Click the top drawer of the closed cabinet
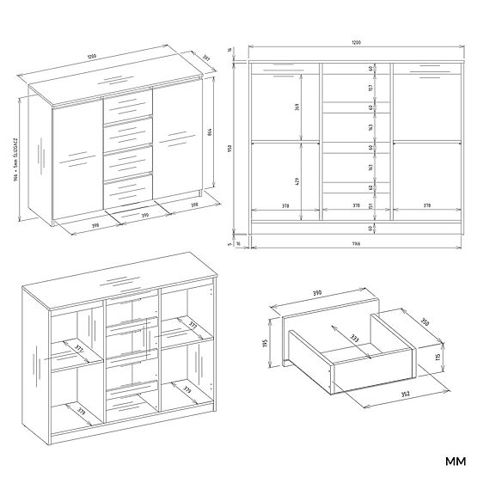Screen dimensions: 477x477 click(128, 107)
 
